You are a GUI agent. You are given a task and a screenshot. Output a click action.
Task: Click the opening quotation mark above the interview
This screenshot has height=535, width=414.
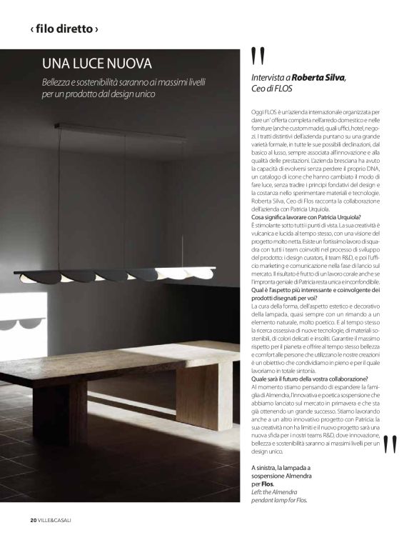[x=258, y=56]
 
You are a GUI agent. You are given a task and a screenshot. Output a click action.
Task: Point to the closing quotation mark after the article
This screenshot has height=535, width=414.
[x=390, y=445]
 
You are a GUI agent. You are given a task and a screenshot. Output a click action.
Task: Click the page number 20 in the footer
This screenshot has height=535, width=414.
[x=33, y=519]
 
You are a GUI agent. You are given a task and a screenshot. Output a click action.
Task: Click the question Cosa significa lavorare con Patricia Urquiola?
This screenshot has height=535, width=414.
[x=306, y=217]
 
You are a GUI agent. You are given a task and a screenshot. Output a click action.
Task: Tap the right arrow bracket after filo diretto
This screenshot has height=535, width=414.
[x=96, y=30]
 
